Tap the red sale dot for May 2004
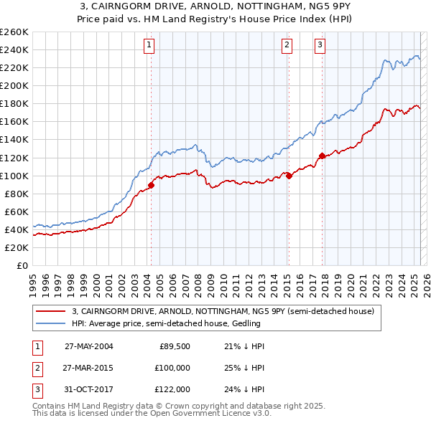coord(152,185)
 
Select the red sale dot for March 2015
coord(289,176)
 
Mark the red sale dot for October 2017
coord(322,156)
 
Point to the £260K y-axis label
coord(14,32)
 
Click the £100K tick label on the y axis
coord(14,176)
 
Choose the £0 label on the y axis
coord(21,265)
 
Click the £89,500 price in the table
coord(175,346)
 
